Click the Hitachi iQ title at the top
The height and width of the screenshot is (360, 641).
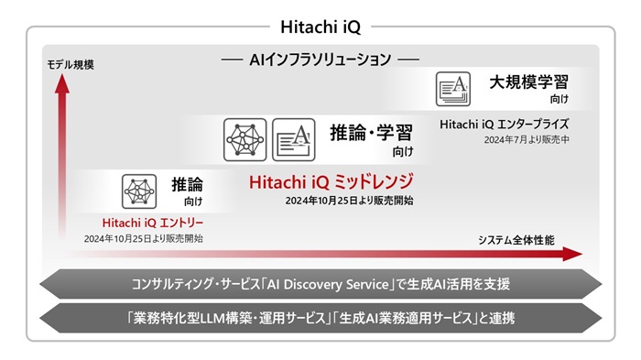[x=320, y=27]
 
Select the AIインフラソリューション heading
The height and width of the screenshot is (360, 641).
[x=320, y=60]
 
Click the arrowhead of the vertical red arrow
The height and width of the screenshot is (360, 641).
[x=61, y=84]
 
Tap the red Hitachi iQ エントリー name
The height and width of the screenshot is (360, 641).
[x=153, y=222]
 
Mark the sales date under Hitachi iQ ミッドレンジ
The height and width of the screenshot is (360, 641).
[x=349, y=201]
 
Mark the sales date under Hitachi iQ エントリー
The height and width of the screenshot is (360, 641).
[x=144, y=238]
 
